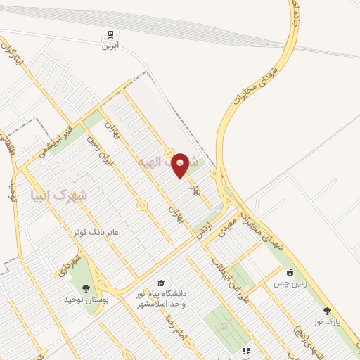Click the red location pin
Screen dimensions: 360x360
pos(181,165)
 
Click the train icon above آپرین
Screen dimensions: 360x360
pos(110,34)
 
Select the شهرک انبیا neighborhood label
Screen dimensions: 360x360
pos(60,193)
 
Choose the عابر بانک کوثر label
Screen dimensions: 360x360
pos(96,231)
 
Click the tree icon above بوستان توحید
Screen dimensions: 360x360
pos(86,288)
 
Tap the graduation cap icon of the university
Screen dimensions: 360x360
pos(162,283)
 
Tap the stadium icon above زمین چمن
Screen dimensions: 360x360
pos(289,273)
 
